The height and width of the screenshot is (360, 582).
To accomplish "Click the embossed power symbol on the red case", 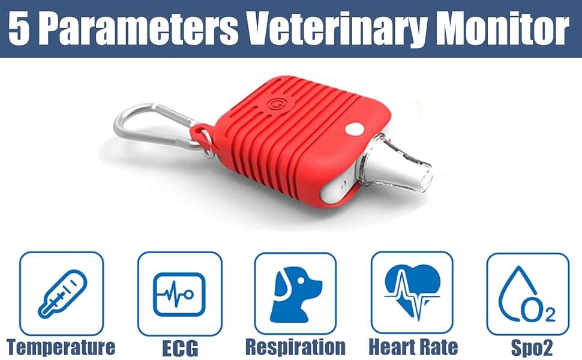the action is pos(276,104).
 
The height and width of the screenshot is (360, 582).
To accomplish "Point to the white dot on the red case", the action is pos(355,130).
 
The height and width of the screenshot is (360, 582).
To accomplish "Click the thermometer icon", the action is pos(62,294).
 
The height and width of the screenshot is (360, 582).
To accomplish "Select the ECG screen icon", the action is pos(179,295).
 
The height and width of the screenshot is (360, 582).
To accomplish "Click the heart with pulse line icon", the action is pos(412,292).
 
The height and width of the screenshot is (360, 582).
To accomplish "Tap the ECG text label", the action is pos(180,349).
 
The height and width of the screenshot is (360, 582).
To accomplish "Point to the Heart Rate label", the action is pos(413,347).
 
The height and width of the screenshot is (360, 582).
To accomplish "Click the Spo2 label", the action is pos(532,348).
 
